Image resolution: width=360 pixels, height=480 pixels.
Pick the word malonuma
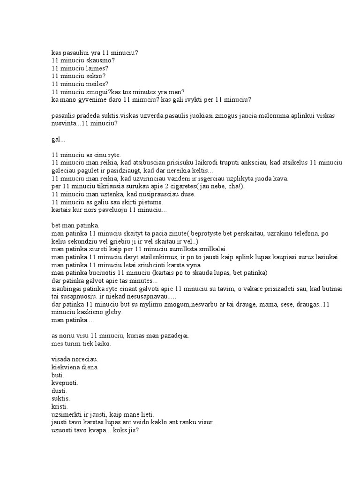click(x=261, y=115)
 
